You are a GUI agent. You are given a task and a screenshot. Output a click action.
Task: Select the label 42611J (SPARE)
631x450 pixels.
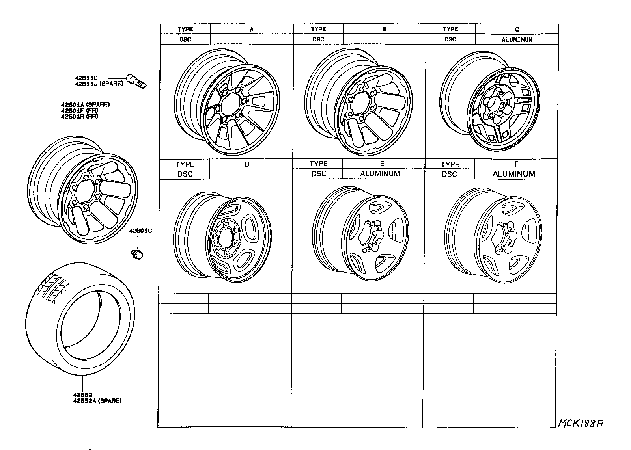(99, 84)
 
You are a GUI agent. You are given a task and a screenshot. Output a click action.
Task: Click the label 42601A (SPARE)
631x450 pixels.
(85, 105)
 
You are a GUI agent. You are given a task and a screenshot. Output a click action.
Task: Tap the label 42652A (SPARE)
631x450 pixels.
(97, 401)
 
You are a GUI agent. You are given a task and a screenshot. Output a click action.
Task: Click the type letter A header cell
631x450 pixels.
(252, 29)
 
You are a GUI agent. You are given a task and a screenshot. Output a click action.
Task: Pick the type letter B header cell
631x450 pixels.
(384, 29)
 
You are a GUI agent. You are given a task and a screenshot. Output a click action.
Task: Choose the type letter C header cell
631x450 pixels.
(517, 29)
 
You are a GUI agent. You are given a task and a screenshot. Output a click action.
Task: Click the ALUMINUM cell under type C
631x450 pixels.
(517, 39)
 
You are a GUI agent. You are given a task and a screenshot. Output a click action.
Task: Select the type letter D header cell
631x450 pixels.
(247, 164)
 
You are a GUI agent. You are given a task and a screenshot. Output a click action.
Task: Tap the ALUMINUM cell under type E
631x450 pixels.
(380, 174)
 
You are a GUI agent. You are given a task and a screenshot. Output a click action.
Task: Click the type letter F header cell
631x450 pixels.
(516, 164)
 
